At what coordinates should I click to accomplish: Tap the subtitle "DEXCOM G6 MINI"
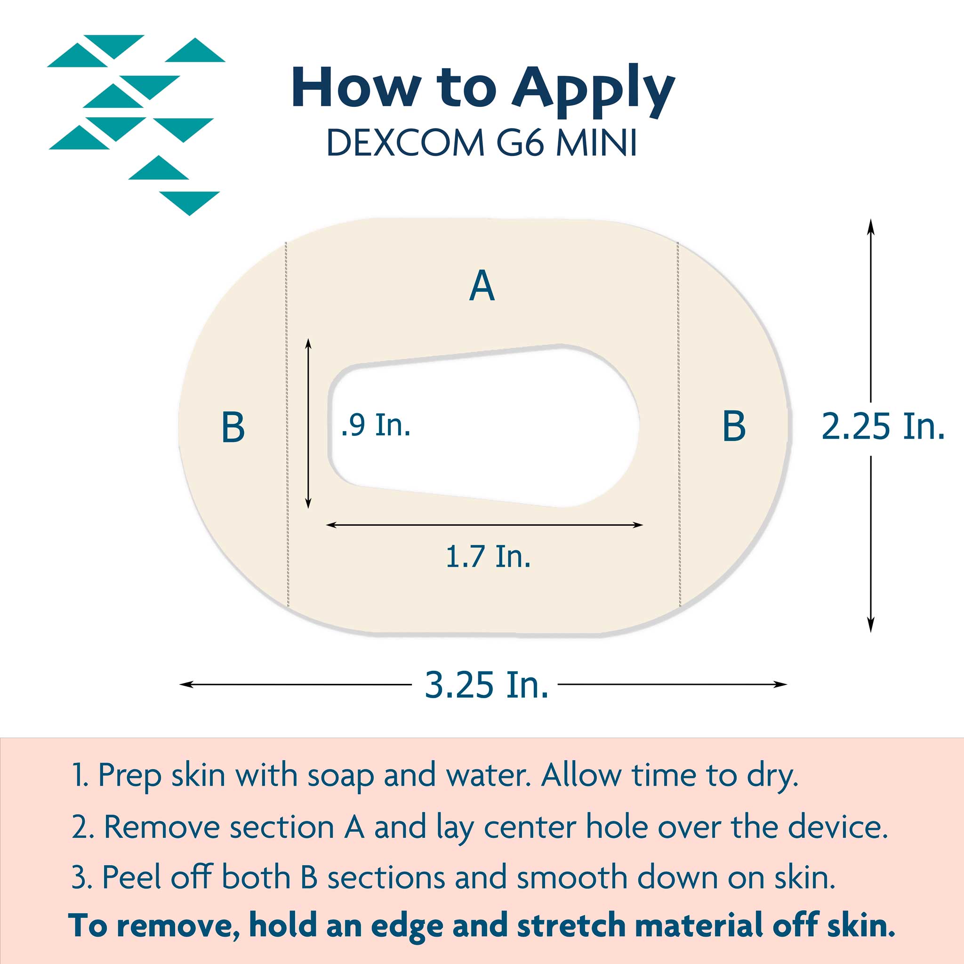click(x=482, y=143)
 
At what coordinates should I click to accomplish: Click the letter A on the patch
click(x=482, y=285)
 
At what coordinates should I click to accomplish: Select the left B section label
click(x=233, y=427)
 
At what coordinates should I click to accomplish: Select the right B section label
click(x=734, y=426)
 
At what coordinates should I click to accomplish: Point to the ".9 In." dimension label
click(x=376, y=425)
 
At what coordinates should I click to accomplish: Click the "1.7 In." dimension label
click(x=488, y=556)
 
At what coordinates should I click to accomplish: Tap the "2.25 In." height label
click(x=883, y=426)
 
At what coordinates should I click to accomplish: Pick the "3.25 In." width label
click(x=487, y=684)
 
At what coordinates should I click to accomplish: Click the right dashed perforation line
click(x=679, y=425)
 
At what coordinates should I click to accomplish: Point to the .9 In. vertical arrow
click(x=308, y=424)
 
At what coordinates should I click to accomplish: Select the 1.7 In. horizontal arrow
click(x=484, y=525)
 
